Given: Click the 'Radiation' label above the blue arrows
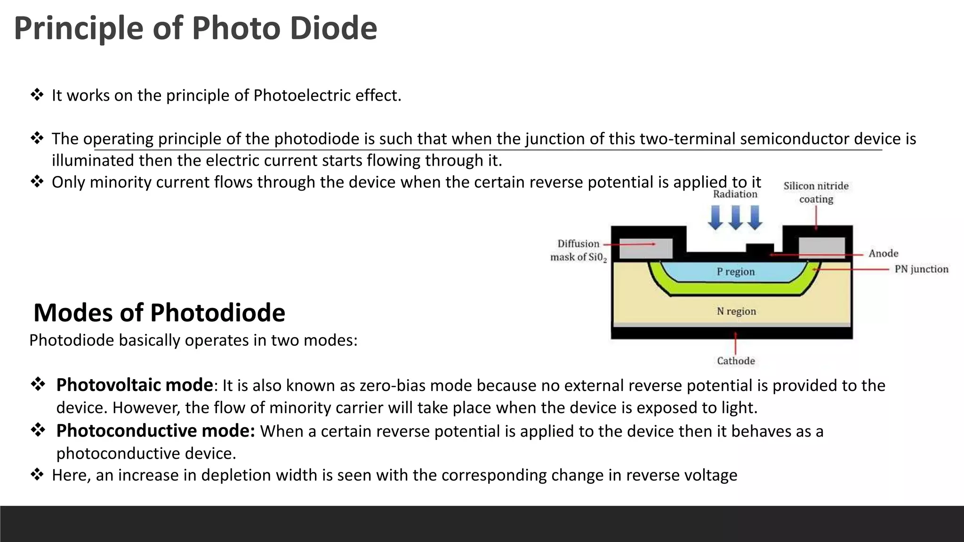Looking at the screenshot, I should click(x=735, y=194).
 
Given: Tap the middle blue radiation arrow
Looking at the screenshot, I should click(x=735, y=218).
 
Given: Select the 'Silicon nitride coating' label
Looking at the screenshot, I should click(x=816, y=192).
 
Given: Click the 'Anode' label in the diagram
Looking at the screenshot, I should click(x=883, y=254).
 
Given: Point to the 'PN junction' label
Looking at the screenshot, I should click(x=921, y=269).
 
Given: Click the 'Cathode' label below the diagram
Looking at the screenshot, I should click(x=736, y=361).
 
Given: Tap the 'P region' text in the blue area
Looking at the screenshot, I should click(x=735, y=271).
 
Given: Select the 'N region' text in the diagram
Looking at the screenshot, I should click(x=736, y=311).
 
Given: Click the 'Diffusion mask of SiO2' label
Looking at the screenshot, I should click(x=578, y=250).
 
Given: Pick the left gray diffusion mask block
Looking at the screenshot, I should click(x=645, y=248).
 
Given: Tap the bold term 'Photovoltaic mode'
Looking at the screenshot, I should click(x=135, y=385).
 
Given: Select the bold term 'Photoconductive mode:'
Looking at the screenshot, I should click(x=155, y=431).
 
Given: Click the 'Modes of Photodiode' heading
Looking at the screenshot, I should click(x=159, y=313).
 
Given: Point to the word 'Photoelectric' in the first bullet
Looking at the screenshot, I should click(x=302, y=96).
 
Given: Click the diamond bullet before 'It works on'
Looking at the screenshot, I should click(x=37, y=95).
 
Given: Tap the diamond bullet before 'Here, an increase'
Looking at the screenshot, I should click(x=37, y=475).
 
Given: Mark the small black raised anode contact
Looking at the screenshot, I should click(x=760, y=249).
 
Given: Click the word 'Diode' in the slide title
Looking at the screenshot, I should click(x=333, y=28).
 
